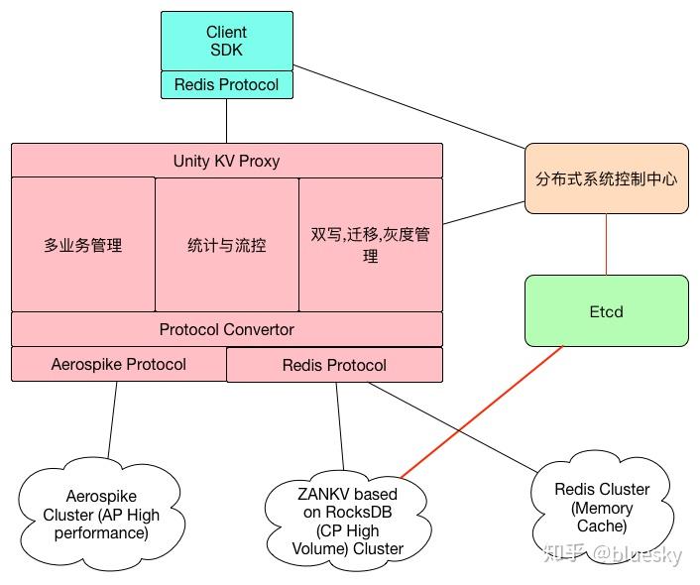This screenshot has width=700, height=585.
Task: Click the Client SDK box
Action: tap(227, 41)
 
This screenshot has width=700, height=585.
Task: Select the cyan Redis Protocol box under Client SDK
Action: tap(227, 85)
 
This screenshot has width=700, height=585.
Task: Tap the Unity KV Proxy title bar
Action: tap(226, 161)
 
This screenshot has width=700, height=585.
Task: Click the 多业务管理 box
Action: tap(83, 245)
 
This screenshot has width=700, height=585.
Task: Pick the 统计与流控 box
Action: tap(227, 245)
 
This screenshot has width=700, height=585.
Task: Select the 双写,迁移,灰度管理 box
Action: tap(370, 245)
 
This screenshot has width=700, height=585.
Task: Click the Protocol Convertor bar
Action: tap(226, 329)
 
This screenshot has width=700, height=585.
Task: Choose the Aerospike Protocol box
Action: tap(119, 364)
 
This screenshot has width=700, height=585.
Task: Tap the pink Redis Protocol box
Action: tap(334, 365)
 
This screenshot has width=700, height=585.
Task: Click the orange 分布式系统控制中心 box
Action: tap(606, 178)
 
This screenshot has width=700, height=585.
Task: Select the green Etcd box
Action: tap(606, 311)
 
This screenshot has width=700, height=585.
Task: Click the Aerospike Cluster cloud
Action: tap(100, 514)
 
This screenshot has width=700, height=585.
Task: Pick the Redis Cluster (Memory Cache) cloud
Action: tap(602, 507)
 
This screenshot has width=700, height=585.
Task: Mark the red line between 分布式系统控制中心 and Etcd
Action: tap(606, 244)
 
